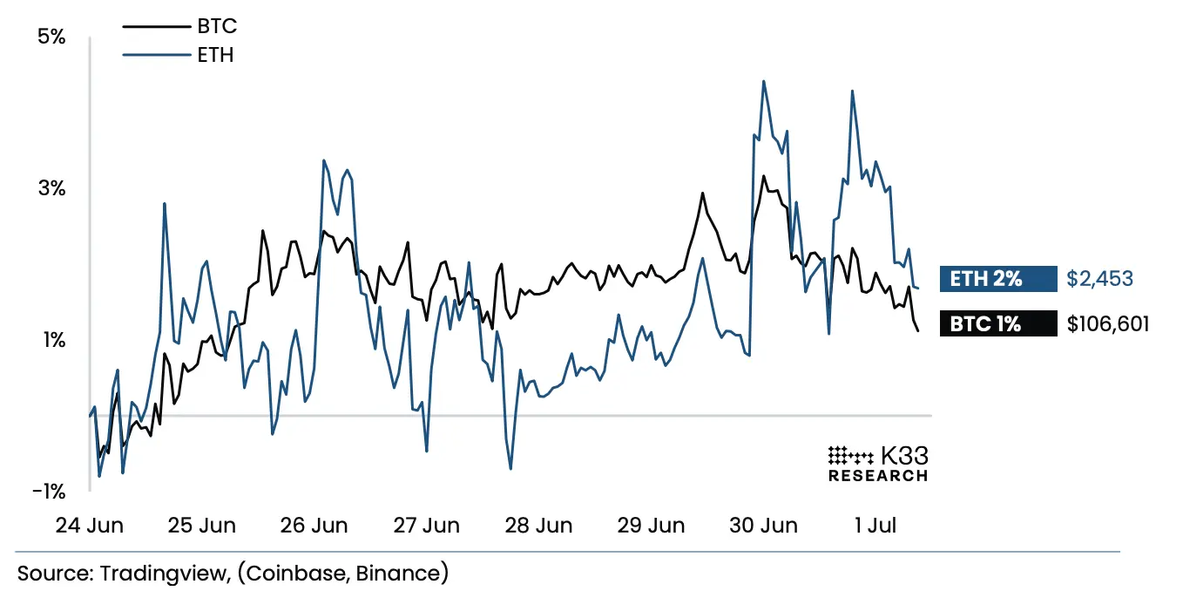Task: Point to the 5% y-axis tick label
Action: tap(50, 37)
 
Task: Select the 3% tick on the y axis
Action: tap(50, 188)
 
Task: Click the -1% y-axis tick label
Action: tap(48, 492)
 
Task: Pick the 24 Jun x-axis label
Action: tap(89, 526)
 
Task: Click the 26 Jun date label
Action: tap(314, 526)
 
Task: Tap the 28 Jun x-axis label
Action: tap(539, 526)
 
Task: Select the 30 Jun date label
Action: tap(764, 526)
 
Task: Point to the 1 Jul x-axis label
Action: tap(875, 526)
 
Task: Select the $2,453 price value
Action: tap(1099, 279)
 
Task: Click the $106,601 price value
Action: tap(1108, 324)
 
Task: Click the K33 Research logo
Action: tap(877, 464)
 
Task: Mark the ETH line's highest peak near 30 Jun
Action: tap(764, 81)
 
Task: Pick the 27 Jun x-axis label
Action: tap(427, 526)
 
